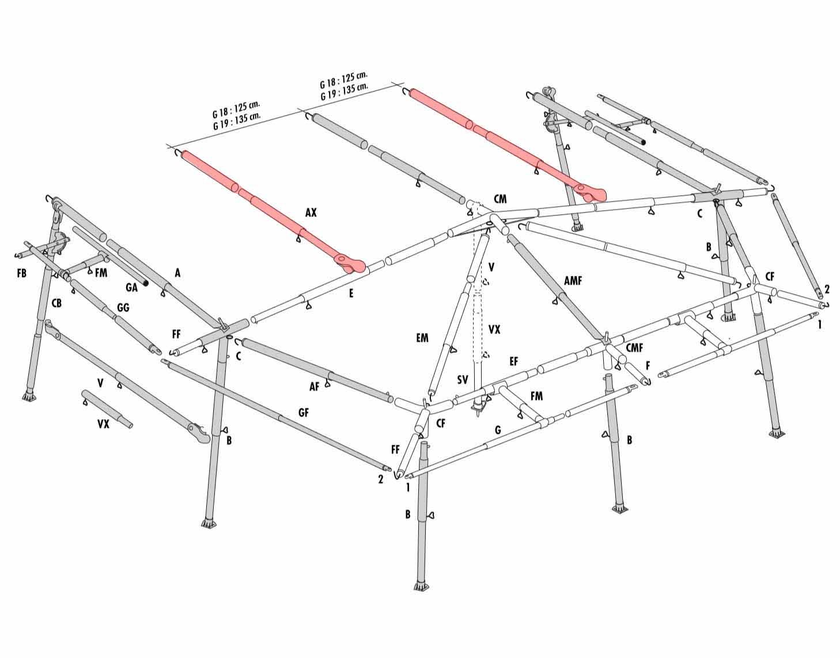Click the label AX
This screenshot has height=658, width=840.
tap(311, 213)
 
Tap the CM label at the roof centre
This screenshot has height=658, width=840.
tap(500, 199)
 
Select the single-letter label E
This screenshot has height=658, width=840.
tap(351, 293)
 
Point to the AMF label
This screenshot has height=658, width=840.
tap(573, 281)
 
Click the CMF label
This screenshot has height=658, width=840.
tap(634, 347)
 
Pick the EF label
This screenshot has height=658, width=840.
tap(514, 361)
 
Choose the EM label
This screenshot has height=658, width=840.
tap(422, 338)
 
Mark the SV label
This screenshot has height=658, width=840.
tap(462, 380)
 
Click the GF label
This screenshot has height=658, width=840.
tap(304, 413)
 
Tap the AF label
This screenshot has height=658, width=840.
tap(314, 387)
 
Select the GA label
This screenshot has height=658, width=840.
tap(131, 288)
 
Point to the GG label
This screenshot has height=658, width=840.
tap(123, 307)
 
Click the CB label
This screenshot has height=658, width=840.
tap(56, 302)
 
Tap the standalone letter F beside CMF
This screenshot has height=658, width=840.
tap(648, 365)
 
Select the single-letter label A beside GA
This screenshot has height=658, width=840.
tap(177, 273)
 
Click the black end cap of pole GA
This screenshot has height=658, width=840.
tap(146, 283)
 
